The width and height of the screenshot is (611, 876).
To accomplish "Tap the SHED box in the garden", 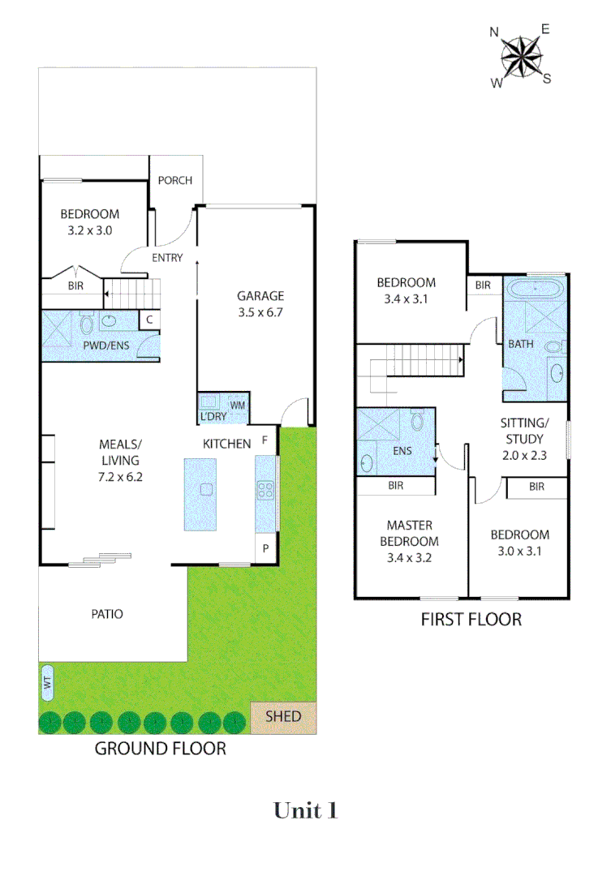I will (283, 717).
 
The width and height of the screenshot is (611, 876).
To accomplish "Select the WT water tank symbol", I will (47, 683).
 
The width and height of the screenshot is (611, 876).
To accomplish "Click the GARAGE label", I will (260, 296).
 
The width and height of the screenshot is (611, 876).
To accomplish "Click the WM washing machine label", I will (238, 405).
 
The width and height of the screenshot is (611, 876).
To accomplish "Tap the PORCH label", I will (175, 180).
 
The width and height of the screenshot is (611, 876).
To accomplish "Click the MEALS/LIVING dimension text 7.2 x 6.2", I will (120, 478).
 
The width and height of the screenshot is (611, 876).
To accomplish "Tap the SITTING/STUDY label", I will (523, 431).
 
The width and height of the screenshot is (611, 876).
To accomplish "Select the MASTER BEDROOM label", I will (413, 533).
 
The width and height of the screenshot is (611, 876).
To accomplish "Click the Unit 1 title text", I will (305, 810).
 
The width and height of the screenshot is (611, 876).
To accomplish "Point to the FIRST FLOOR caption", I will (471, 620).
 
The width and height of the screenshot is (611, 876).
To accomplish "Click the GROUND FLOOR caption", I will (161, 748).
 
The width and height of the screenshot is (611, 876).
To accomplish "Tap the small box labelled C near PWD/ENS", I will (149, 320).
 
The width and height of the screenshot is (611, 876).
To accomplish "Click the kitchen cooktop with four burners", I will (265, 489).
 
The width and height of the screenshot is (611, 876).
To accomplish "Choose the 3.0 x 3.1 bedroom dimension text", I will (519, 551).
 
